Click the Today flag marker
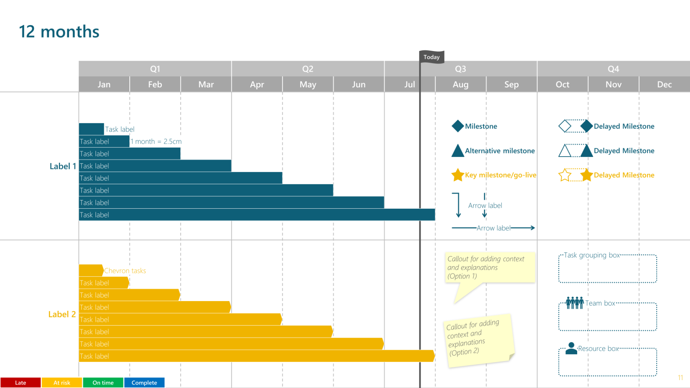(432, 57)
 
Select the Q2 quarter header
(308, 69)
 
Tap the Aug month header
(460, 84)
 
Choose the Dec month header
(664, 84)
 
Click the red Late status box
(20, 383)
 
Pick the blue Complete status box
(144, 383)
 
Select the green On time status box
(103, 383)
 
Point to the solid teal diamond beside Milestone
(457, 126)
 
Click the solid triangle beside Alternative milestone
(457, 151)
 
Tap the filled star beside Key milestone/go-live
(457, 175)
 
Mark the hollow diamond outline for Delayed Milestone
(565, 126)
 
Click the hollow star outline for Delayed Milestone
(565, 175)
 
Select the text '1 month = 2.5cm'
(156, 142)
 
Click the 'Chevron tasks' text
(125, 271)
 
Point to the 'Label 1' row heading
(63, 166)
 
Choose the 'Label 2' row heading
(62, 314)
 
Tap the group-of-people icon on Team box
(575, 303)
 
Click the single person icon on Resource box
(571, 348)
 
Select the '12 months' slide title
(59, 32)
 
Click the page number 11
(680, 378)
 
